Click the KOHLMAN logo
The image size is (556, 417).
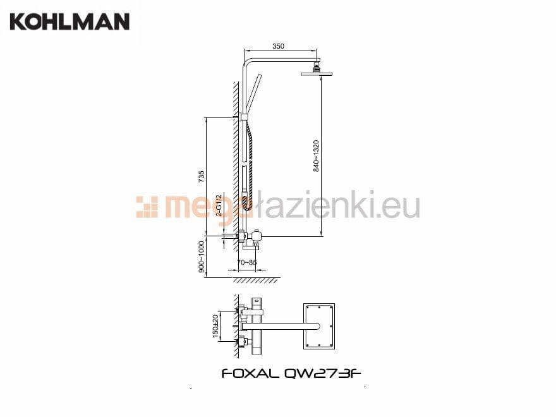tap(69, 21)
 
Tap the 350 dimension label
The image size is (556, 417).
tap(278, 46)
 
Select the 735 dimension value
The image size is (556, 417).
tap(201, 176)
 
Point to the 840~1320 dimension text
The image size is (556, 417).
tap(316, 156)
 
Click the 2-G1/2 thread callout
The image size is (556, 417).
tap(219, 205)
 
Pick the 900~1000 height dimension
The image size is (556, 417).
tap(202, 257)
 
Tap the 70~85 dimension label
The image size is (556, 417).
tap(247, 263)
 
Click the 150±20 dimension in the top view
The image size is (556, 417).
tap(215, 326)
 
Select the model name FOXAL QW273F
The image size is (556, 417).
tap(291, 373)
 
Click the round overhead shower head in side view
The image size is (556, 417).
tap(317, 73)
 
